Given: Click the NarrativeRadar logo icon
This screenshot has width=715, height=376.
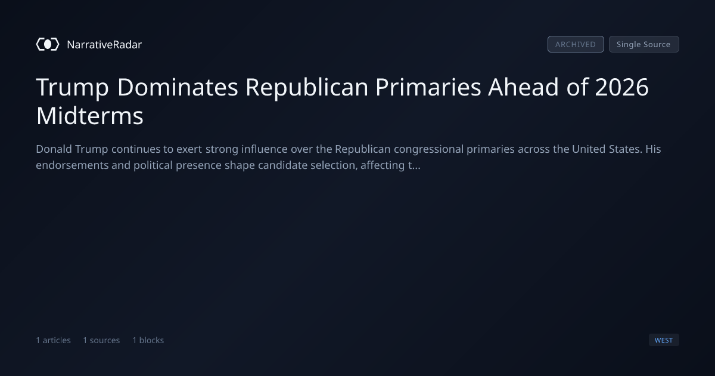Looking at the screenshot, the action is [48, 44].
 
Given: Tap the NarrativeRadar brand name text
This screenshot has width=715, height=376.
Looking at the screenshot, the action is [104, 45].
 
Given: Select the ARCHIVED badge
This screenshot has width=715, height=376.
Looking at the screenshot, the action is [576, 44].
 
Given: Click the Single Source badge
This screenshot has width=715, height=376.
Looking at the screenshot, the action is [644, 44].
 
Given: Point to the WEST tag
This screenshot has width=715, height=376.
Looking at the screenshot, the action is [664, 340].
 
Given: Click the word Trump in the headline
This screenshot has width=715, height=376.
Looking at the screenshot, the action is [73, 87].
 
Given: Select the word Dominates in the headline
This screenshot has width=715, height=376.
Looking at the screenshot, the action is [178, 87].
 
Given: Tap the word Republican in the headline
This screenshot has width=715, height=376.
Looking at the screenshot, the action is [307, 88].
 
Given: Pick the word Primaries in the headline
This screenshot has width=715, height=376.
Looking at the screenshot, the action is [428, 87].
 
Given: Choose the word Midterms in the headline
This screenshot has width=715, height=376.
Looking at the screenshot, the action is [90, 116].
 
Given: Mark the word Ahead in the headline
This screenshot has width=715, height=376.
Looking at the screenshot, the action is [524, 87].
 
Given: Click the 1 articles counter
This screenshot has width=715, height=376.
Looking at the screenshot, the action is [53, 340].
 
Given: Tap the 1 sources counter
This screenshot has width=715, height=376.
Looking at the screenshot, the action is [101, 340].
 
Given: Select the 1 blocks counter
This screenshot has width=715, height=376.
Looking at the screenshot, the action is [148, 340].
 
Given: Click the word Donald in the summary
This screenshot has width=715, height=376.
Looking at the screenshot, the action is [54, 149].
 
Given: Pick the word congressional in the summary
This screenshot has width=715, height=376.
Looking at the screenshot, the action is [428, 149].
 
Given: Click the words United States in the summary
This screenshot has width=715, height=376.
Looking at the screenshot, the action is [607, 149].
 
